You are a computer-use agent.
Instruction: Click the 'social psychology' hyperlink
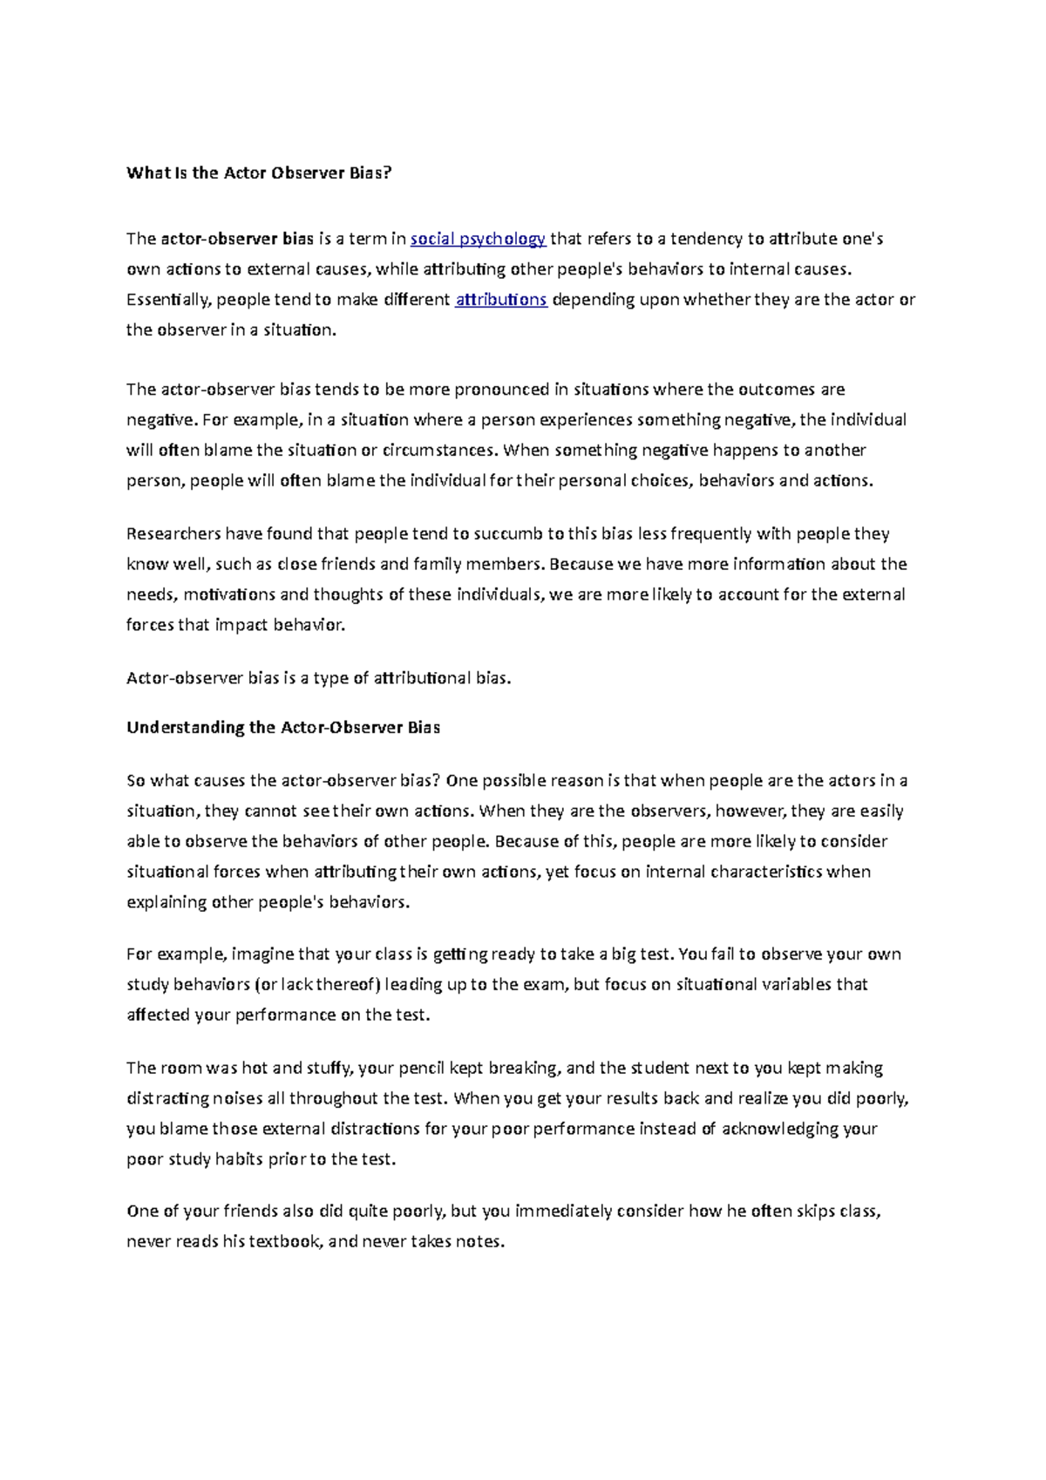point(478,239)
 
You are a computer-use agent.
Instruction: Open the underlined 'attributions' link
point(501,300)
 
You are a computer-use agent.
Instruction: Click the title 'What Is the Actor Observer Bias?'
point(260,173)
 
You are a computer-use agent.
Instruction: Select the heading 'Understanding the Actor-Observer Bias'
point(283,727)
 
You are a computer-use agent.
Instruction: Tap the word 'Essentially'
point(168,300)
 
